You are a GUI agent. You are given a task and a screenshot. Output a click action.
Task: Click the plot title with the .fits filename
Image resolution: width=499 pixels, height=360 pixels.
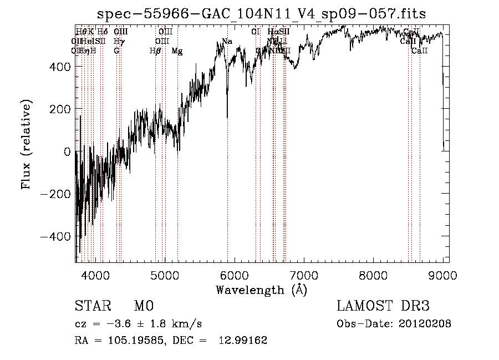tap(261, 14)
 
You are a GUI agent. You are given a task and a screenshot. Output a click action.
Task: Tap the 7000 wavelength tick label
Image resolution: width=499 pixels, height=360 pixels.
tap(304, 275)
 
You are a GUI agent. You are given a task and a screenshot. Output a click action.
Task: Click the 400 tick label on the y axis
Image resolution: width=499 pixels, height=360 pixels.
tap(59, 67)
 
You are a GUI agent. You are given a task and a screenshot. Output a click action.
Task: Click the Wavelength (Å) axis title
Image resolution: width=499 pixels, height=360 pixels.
tap(261, 290)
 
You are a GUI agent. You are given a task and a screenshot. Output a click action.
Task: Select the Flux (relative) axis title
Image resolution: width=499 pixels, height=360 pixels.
tap(27, 144)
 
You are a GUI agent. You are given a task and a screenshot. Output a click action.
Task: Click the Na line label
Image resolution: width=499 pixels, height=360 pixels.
tap(227, 42)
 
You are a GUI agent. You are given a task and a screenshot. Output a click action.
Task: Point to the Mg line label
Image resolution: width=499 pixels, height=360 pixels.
tap(177, 51)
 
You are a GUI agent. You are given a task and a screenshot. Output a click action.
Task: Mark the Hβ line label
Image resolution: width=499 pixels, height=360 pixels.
tap(155, 51)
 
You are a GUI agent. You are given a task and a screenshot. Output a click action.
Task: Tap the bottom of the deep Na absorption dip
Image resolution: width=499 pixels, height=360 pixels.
tap(227, 117)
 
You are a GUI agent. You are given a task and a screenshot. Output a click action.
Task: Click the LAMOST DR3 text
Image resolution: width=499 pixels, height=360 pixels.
tap(383, 306)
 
